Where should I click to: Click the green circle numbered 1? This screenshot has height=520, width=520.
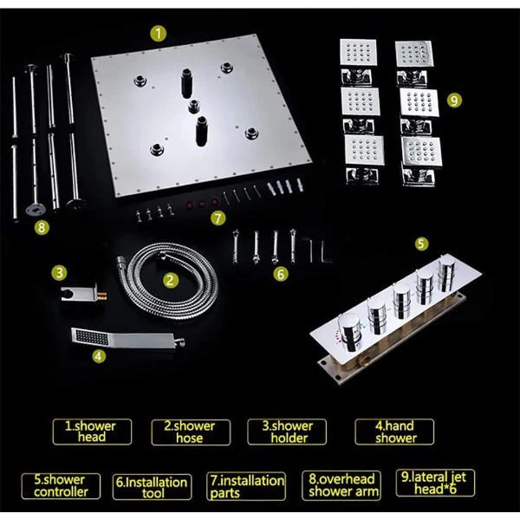(159, 34)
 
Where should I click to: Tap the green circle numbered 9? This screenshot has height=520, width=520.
(454, 100)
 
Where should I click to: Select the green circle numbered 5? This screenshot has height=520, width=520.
(421, 244)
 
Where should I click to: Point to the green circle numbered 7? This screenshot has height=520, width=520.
(218, 218)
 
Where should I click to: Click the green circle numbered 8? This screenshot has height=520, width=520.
(42, 227)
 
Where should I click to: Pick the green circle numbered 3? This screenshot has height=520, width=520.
(59, 273)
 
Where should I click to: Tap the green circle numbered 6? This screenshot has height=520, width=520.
(281, 274)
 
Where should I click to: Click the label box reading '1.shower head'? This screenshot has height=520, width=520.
(92, 432)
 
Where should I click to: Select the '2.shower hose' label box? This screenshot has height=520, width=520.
(191, 432)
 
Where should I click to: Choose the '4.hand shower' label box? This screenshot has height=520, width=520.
(394, 432)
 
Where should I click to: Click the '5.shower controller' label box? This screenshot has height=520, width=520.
(61, 486)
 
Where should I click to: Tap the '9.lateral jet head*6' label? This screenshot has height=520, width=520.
(435, 483)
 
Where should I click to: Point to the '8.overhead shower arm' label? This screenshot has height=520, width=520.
(341, 485)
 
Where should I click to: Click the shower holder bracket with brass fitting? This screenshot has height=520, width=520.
(83, 293)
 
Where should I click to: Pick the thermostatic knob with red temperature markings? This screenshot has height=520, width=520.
(349, 331)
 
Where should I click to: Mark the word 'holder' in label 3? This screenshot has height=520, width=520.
(289, 438)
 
